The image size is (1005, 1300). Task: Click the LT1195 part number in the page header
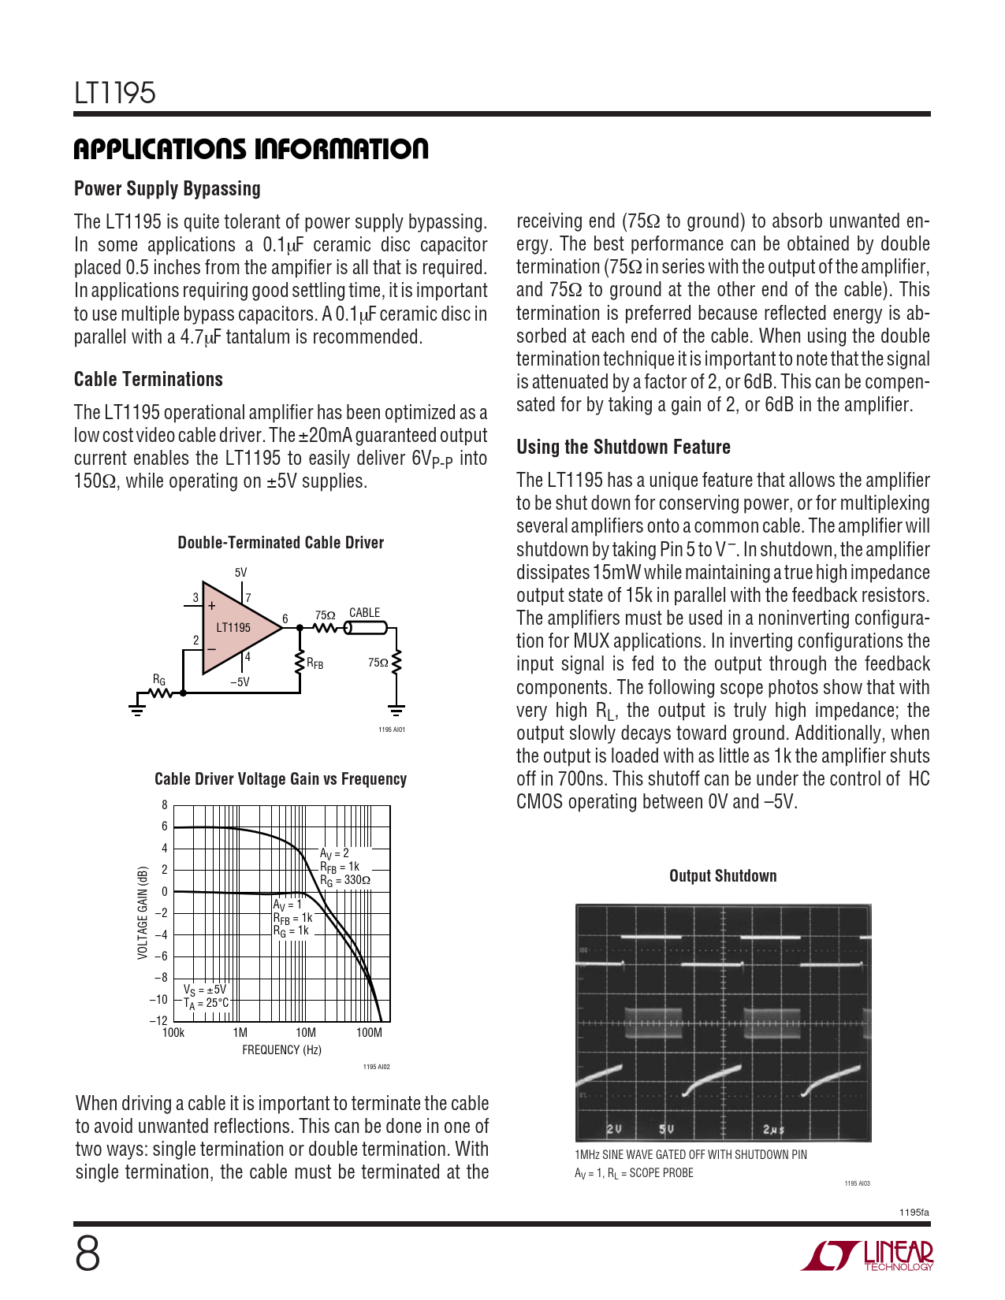tap(115, 93)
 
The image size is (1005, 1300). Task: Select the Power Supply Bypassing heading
tap(167, 189)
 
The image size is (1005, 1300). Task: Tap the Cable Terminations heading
tap(148, 380)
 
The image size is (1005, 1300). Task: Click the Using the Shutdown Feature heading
tap(623, 448)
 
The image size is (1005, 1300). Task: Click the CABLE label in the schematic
tap(364, 613)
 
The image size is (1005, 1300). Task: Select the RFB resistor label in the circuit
tap(315, 664)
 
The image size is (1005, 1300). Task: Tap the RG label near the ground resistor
tap(159, 679)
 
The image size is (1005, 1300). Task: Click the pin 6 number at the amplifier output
tap(285, 619)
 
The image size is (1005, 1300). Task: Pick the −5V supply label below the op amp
tap(240, 682)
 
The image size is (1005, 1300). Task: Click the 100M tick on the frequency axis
tap(369, 1033)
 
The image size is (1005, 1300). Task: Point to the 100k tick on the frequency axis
tap(173, 1033)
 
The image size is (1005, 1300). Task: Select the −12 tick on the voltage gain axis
tap(159, 1021)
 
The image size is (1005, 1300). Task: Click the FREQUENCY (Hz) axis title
tap(281, 1050)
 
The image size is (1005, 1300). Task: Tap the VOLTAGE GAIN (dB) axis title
tap(143, 913)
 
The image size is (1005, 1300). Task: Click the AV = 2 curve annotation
tap(334, 853)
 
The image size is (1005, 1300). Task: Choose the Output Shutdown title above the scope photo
tap(723, 876)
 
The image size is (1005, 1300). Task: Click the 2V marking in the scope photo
tap(614, 1129)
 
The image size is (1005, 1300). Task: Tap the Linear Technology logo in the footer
tap(867, 1256)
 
